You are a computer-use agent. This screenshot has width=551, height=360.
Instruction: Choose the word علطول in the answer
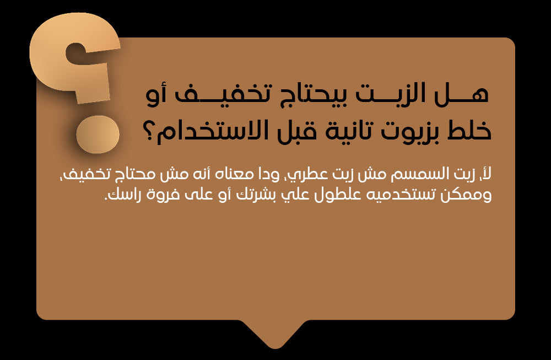pyautogui.click(x=337, y=195)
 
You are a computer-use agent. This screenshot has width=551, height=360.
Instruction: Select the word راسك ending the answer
pyautogui.click(x=125, y=195)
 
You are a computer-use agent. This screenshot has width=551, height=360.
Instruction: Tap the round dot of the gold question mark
pyautogui.click(x=98, y=135)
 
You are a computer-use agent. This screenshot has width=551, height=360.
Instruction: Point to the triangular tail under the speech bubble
pyautogui.click(x=276, y=334)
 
